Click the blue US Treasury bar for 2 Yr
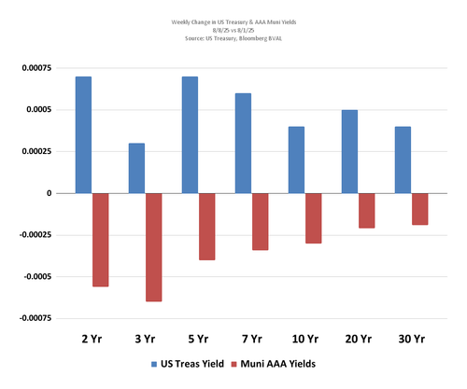83,134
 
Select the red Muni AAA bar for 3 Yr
153,247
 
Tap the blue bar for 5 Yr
190,134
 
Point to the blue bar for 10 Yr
296,160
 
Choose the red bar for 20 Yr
366,210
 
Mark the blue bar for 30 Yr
402,160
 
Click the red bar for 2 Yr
100,240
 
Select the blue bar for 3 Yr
136,168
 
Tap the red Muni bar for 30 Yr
419,209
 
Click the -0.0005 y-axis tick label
28,277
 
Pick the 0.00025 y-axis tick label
30,152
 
